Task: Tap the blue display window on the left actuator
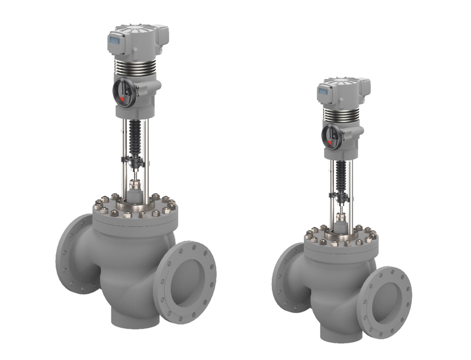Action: (114, 41)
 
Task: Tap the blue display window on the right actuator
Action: (323, 91)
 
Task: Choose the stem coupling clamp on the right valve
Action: (340, 194)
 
